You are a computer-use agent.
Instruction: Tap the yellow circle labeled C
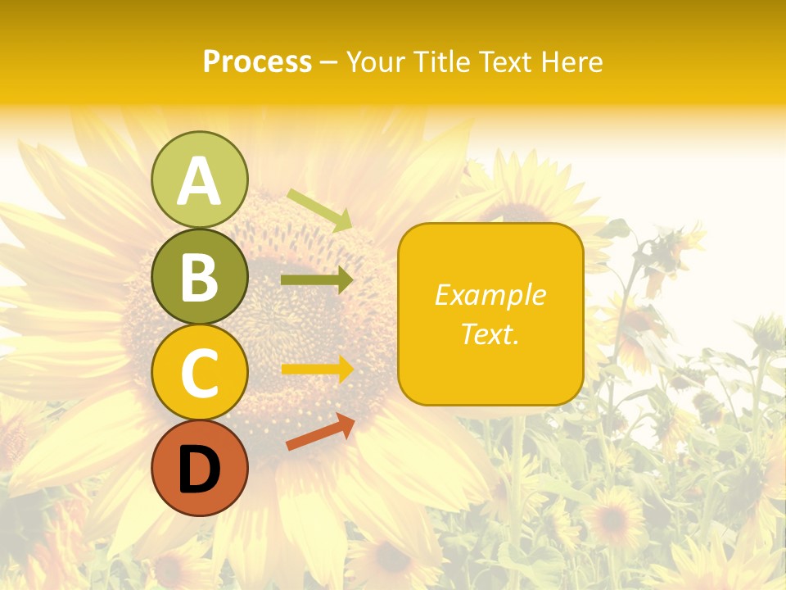coord(199,372)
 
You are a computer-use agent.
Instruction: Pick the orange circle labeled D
coord(199,468)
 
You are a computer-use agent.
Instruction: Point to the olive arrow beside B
coord(317,279)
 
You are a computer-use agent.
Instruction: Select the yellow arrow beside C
coord(317,369)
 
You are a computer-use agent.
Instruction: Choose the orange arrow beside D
coord(320,432)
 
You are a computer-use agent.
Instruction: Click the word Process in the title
coord(257,62)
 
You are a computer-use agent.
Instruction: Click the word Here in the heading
coord(572,62)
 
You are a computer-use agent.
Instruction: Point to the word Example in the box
coord(490,295)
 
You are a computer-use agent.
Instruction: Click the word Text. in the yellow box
coord(490,334)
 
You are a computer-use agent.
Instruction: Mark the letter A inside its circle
coord(199,181)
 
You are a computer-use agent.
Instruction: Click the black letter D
coord(199,470)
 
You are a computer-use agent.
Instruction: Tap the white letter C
coord(199,373)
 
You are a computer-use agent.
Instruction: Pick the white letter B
coord(199,277)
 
